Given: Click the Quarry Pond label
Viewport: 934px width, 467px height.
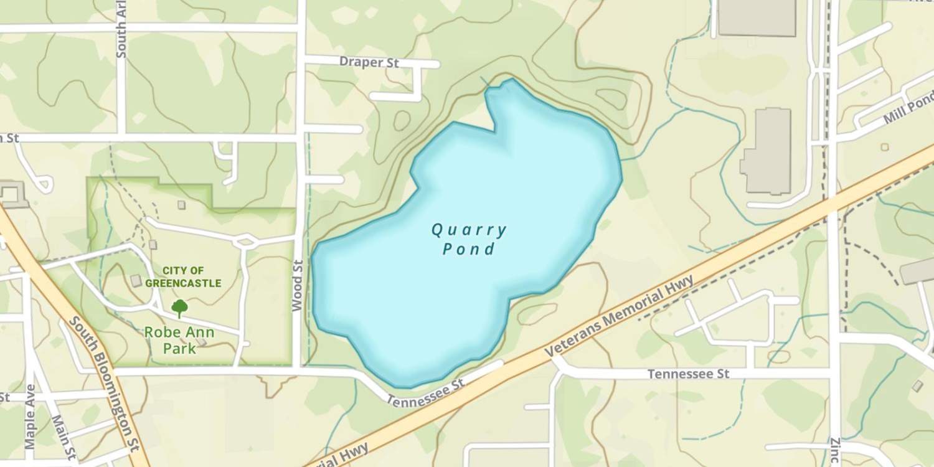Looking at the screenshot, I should pyautogui.click(x=469, y=240).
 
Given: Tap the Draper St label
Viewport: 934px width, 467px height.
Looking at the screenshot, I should pyautogui.click(x=369, y=62).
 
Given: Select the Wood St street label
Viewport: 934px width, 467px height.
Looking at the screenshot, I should pyautogui.click(x=297, y=285).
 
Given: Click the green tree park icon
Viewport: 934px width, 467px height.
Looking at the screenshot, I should pyautogui.click(x=179, y=308).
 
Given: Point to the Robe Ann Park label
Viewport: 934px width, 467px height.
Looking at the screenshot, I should pyautogui.click(x=179, y=340).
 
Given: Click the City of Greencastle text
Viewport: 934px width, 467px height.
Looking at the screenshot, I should pyautogui.click(x=183, y=277).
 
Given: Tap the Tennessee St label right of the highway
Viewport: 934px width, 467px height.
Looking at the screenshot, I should pyautogui.click(x=688, y=374).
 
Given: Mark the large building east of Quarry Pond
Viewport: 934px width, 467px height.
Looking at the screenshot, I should pyautogui.click(x=767, y=151).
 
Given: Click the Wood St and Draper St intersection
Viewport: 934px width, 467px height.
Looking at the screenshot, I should pyautogui.click(x=301, y=60).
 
